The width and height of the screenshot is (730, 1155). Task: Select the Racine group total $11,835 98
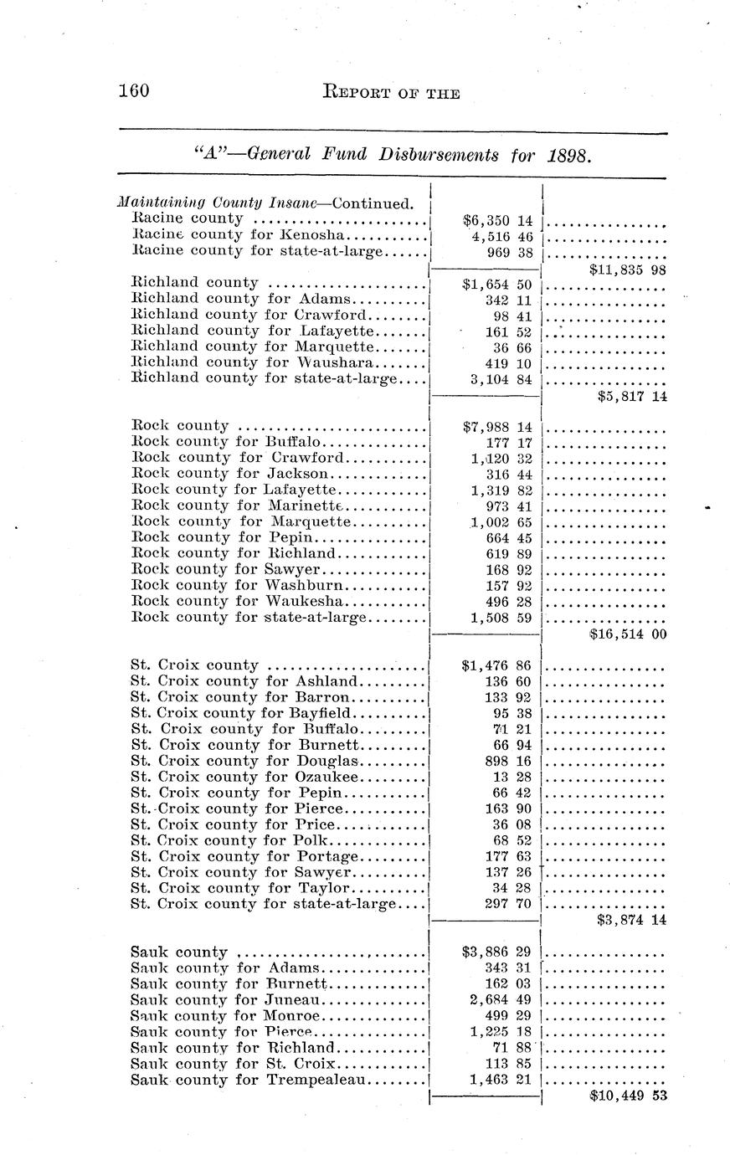(627, 270)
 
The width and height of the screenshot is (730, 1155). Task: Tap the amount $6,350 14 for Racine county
(497, 221)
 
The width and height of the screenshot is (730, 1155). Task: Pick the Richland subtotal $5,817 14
(632, 397)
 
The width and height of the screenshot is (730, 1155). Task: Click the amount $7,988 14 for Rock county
(497, 427)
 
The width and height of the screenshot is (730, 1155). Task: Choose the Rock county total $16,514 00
(627, 634)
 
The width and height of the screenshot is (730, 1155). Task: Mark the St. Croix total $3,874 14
(632, 920)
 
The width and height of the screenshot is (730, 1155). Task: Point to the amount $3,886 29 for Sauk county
(497, 952)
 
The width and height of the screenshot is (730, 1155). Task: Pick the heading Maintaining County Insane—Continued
(265, 203)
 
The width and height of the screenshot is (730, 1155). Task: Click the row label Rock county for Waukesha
(241, 601)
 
